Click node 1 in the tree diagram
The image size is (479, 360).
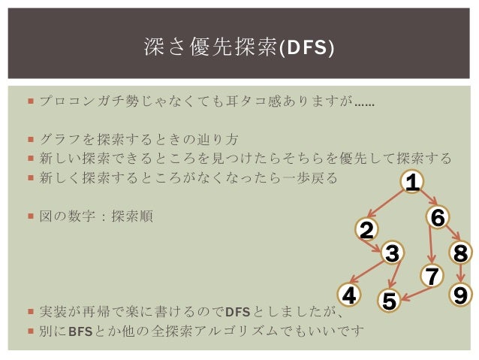(411, 182)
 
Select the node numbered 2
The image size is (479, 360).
(366, 230)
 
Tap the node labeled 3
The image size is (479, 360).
(391, 254)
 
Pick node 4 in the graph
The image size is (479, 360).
(348, 295)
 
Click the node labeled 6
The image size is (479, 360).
(438, 217)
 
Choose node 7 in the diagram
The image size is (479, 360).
(431, 277)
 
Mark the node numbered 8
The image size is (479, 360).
(461, 254)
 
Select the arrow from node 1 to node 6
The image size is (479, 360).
(426, 198)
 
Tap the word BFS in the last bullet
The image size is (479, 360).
(80, 330)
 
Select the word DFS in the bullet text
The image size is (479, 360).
(238, 312)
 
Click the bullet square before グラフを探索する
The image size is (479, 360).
(29, 139)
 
